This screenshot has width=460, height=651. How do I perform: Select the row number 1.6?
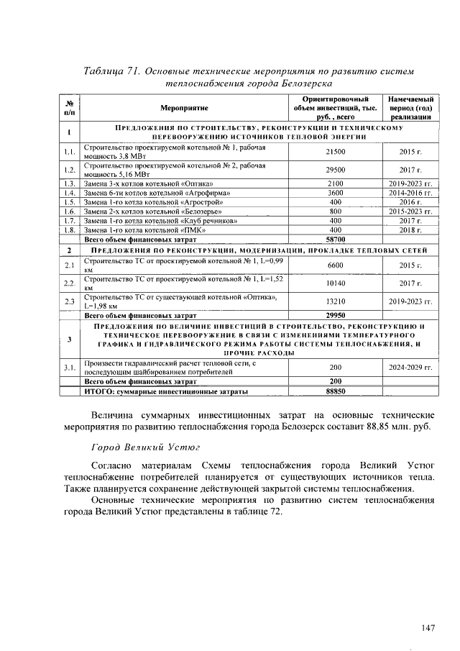click(69, 211)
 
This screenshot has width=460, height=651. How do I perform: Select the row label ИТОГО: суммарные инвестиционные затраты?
click(167, 391)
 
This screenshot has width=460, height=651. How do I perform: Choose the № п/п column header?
click(69, 107)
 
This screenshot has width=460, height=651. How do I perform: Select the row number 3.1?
click(69, 368)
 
